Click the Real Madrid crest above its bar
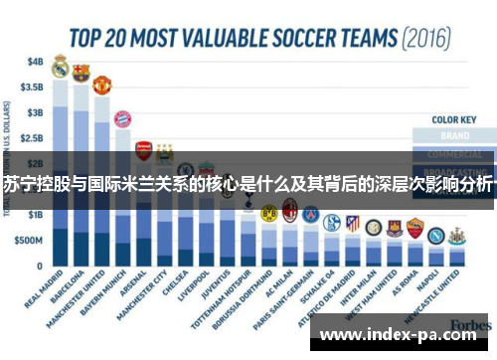point(60,68)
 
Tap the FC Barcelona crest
point(81,73)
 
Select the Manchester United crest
point(101,85)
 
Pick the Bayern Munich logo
point(122,119)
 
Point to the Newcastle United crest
point(456,236)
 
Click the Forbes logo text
point(468,325)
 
